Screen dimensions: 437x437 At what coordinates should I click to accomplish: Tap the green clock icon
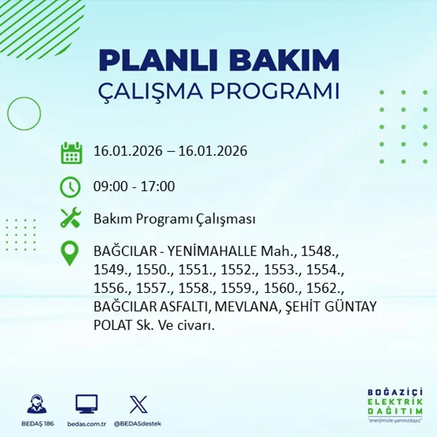coord(70,187)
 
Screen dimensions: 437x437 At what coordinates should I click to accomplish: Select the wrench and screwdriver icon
coord(70,218)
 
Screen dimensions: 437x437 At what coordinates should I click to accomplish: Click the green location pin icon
coord(70,253)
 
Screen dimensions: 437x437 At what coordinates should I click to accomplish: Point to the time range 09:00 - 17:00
coord(134,187)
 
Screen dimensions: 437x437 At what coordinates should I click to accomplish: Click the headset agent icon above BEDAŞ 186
coord(37,404)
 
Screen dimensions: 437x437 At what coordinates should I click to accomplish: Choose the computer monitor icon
coord(86,404)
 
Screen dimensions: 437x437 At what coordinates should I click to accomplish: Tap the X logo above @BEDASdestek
coord(138,404)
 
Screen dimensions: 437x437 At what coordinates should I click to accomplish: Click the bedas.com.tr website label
coord(86,424)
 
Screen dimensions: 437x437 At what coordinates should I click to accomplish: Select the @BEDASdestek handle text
coord(138,424)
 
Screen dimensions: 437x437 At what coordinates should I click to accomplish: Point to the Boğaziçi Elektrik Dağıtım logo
coord(395,405)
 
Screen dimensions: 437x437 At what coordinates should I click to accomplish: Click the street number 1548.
coord(321,251)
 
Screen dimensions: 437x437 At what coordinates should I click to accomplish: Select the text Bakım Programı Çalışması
coord(174,219)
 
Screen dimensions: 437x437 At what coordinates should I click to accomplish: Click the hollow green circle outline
coord(24,114)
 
